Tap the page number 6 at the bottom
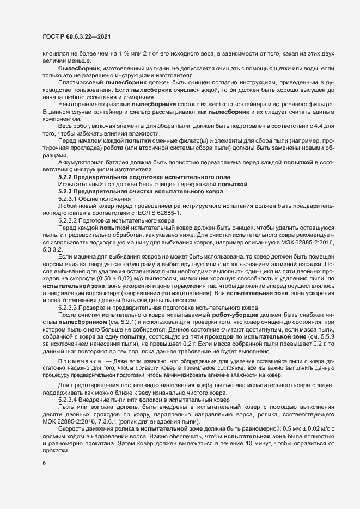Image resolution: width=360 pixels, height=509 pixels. coord(44,463)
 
